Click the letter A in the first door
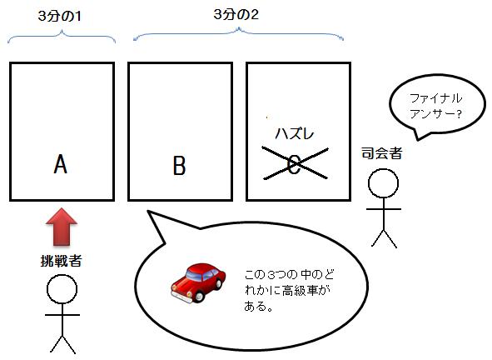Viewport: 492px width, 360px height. tap(60, 164)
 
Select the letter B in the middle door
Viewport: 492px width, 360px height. tap(180, 165)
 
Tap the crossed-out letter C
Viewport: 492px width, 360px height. tap(295, 165)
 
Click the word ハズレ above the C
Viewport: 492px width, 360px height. tap(295, 134)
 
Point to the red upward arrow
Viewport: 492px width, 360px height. tap(62, 226)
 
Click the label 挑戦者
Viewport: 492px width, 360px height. tap(62, 261)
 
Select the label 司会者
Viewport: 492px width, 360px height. tap(381, 153)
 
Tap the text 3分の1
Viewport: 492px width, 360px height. tap(60, 16)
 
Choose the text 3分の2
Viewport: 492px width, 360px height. tap(236, 14)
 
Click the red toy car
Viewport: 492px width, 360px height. tap(198, 282)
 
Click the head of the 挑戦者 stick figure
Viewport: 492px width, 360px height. tap(62, 289)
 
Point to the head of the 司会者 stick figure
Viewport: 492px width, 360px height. tap(384, 183)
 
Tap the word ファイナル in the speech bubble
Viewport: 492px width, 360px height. tap(436, 98)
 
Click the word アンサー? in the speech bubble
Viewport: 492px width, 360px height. tap(435, 113)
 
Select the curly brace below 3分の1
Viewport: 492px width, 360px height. tap(62, 37)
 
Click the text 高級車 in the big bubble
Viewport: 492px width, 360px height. tap(300, 291)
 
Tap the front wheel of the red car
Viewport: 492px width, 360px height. tap(199, 296)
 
